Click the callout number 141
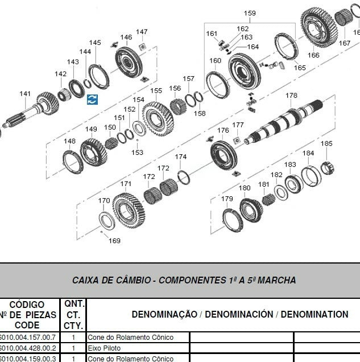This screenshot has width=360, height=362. pos(25,94)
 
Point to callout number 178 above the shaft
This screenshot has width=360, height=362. pos(291,96)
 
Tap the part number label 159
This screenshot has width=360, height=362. pos(250,13)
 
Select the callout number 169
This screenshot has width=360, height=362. pos(115,241)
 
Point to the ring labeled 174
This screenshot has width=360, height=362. pos(183,178)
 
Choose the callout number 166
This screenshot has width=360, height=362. pos(314,55)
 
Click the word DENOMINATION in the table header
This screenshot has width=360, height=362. pos(315,314)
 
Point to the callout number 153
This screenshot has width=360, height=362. pos(138,152)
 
